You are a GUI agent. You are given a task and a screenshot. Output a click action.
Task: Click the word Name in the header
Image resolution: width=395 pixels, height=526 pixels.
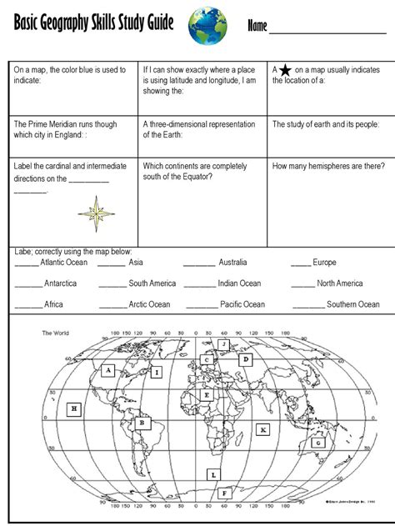[257, 28]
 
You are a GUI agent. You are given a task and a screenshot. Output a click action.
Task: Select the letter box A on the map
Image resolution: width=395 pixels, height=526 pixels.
[107, 372]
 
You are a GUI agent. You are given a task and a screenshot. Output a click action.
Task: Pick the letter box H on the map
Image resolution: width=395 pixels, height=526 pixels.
[74, 408]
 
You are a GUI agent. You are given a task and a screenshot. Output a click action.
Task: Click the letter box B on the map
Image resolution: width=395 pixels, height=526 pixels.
[143, 423]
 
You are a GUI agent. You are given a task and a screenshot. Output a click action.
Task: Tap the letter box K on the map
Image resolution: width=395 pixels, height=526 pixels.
[263, 429]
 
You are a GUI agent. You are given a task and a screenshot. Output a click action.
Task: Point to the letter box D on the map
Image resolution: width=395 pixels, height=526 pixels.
[246, 359]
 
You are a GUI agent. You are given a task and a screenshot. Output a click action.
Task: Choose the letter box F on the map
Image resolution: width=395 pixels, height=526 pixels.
[223, 493]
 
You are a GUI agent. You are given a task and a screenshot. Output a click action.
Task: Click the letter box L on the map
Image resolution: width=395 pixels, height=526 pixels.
[213, 474]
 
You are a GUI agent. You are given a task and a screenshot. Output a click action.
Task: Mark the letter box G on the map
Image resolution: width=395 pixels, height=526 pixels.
[317, 443]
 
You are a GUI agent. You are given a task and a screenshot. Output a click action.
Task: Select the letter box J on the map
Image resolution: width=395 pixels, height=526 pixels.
[223, 343]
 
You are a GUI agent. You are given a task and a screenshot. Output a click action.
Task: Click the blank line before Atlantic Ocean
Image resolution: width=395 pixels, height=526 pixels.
[27, 263]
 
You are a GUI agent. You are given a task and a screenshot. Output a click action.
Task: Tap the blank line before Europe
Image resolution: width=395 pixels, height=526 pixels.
[301, 263]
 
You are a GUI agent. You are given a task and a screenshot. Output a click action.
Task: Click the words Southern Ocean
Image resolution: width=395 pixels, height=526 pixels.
[353, 305]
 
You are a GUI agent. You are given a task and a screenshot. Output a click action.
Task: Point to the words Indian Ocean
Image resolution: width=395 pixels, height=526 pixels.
[239, 284]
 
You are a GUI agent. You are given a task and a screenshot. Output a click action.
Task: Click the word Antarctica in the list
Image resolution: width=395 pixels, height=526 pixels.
[60, 284]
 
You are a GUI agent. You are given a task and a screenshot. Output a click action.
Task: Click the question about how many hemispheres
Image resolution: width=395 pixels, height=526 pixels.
[327, 166]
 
